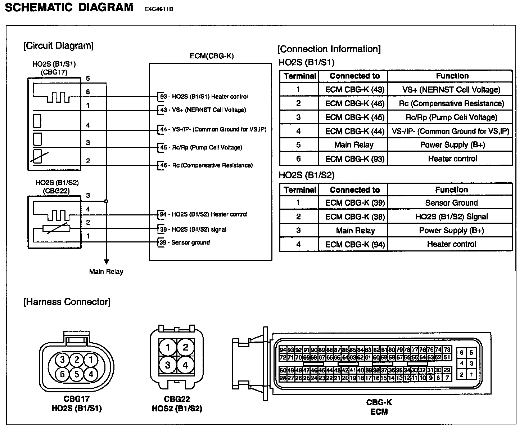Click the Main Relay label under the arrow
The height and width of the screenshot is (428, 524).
106,272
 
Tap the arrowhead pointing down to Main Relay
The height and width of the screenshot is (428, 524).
106,262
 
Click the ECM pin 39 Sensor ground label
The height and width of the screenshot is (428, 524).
185,242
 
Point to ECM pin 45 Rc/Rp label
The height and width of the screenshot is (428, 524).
201,147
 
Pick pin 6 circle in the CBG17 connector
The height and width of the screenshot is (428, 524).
63,374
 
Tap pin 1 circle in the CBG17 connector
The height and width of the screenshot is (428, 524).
91,360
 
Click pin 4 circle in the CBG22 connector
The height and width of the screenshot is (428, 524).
185,365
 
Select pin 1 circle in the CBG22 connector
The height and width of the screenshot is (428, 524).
168,348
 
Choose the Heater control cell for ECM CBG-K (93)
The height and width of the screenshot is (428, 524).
452,159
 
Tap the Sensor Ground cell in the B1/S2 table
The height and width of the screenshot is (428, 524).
451,203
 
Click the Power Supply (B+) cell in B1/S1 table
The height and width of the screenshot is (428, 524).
452,145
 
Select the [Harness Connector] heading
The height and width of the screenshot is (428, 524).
67,302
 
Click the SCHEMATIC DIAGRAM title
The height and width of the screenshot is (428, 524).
69,8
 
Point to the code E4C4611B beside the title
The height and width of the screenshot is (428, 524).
159,9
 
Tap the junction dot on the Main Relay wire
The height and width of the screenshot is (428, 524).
106,201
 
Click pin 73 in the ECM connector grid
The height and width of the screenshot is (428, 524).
447,350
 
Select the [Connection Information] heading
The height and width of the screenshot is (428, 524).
329,49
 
